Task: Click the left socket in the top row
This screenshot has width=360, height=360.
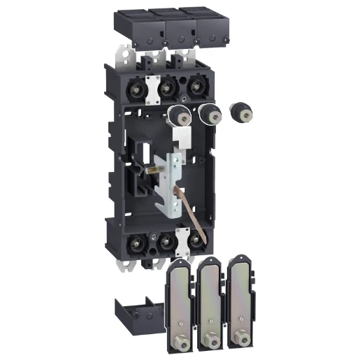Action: coord(136,90)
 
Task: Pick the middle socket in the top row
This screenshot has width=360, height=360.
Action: coord(166,89)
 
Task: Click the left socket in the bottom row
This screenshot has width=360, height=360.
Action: coord(135,243)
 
